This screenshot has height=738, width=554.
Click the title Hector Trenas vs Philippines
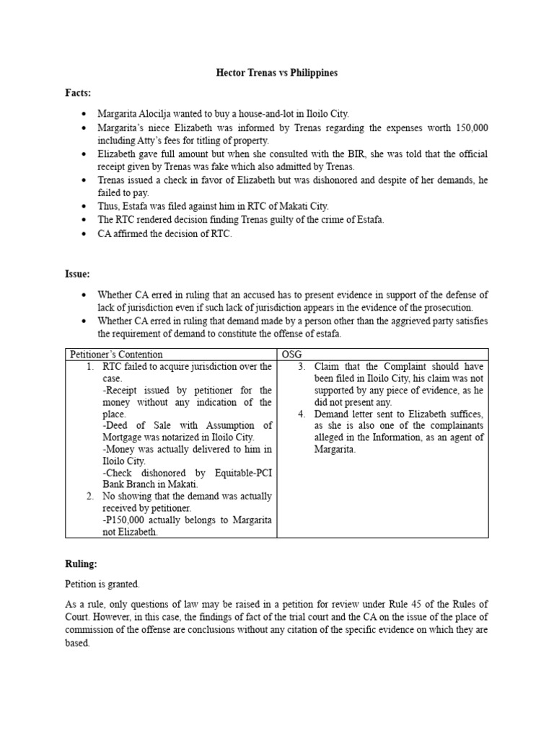277,74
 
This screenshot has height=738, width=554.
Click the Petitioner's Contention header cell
115,355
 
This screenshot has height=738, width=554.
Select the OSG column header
291,355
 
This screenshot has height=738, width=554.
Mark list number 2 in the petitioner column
89,497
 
